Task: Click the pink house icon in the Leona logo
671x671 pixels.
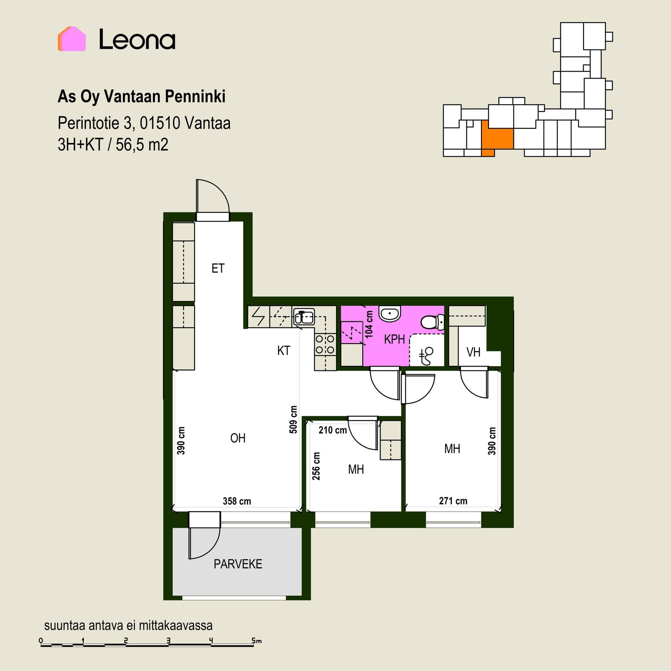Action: coord(72,39)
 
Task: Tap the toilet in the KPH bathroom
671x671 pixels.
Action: coord(433,322)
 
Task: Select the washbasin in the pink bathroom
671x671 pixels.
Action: coord(390,314)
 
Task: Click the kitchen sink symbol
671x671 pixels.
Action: coord(304,316)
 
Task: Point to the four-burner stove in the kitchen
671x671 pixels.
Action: coord(325,344)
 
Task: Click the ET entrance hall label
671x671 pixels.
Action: coord(218,268)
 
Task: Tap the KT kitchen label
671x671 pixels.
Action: coord(283,351)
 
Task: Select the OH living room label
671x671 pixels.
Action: coord(238,438)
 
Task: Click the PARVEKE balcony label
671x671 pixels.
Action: coord(238,564)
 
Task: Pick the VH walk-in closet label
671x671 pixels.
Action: coord(473,352)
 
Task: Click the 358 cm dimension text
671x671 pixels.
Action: coord(237,501)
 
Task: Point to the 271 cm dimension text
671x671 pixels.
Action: coord(453,501)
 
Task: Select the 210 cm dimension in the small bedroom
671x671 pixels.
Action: coord(332,430)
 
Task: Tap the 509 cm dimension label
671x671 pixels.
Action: coord(294,419)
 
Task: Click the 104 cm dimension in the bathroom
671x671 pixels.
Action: coord(369,324)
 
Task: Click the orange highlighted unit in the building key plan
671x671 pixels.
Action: coord(497,138)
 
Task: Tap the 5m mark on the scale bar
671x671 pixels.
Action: coord(257,641)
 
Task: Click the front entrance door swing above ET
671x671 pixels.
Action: coord(212,197)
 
